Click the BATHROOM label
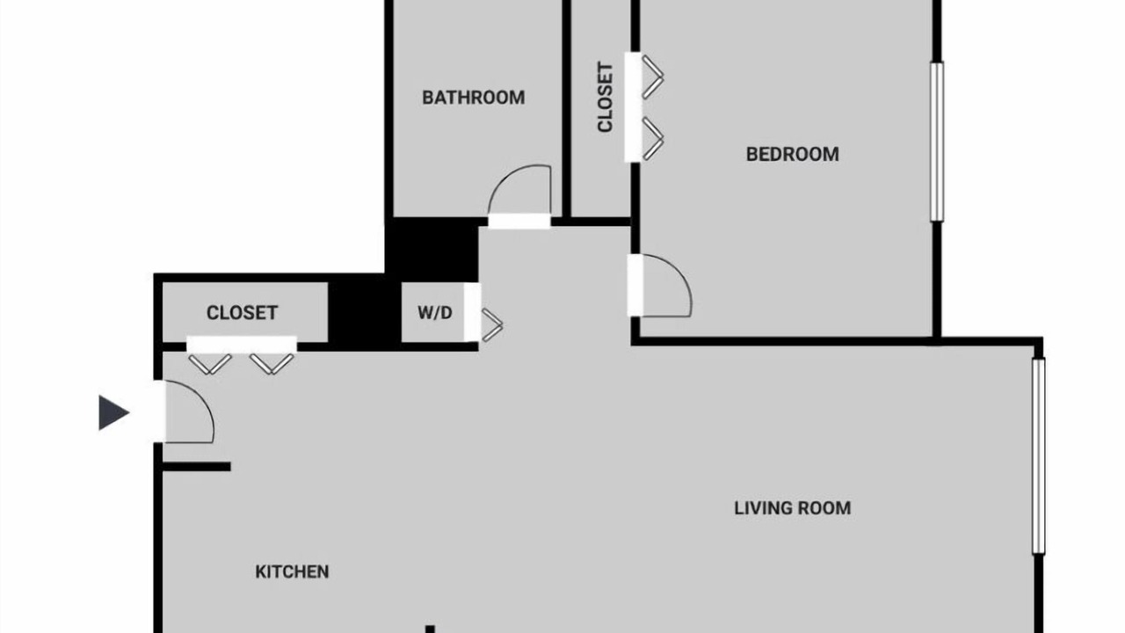[473, 98]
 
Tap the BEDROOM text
[793, 154]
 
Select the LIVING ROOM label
[793, 508]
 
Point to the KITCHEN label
[292, 571]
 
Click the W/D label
[435, 313]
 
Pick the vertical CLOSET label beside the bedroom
[606, 98]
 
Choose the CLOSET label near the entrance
[242, 313]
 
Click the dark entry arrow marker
[114, 413]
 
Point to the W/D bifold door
[492, 325]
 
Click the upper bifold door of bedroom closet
[653, 76]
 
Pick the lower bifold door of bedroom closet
[653, 139]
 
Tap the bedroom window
[937, 142]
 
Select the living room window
[1039, 456]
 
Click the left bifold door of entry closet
[210, 365]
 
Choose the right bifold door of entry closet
[272, 365]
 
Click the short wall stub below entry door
[196, 467]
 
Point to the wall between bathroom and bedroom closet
[567, 108]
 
